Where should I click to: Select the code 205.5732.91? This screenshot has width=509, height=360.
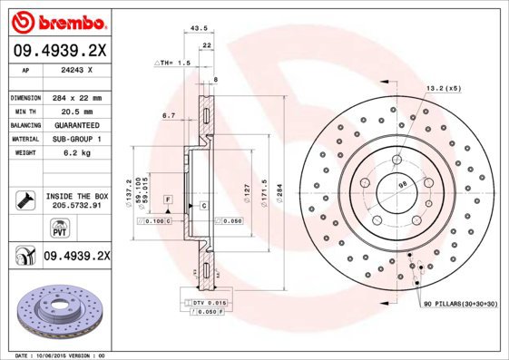coord(75,205)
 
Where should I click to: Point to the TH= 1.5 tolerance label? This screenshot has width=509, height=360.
coord(173,63)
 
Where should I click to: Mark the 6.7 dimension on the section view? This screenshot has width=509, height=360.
coord(168,115)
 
